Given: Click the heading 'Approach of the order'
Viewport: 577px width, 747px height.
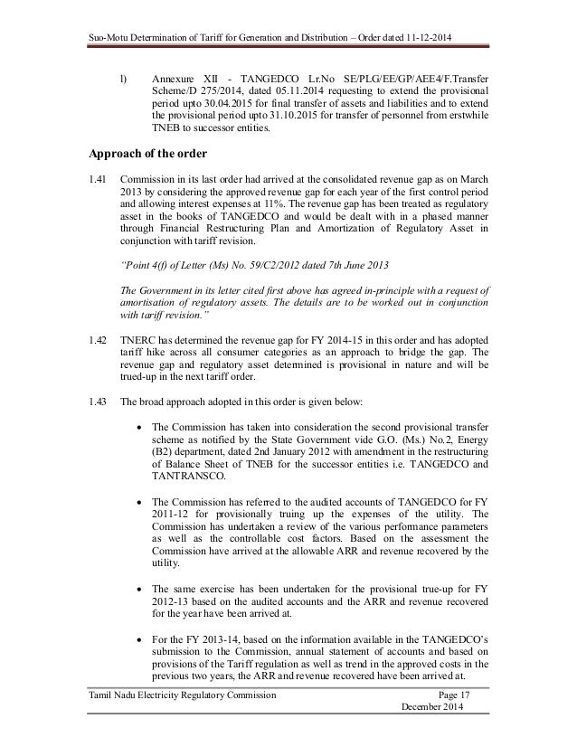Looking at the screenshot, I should point(145,152).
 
